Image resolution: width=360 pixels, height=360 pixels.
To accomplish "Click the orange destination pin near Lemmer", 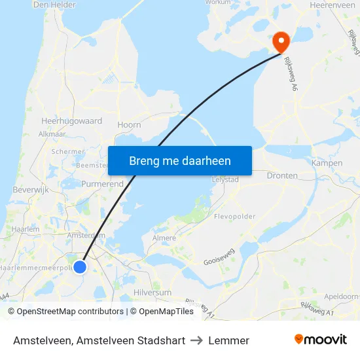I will coord(281,42).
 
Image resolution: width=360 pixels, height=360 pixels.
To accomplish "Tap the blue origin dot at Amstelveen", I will coord(80,266).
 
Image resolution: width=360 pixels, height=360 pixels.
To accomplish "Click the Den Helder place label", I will coord(54,5).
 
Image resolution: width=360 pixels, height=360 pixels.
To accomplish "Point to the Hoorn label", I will coord(129,124).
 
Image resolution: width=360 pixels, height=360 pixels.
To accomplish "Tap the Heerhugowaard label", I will coord(71,121).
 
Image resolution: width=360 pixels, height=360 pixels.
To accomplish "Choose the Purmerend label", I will coord(102,184).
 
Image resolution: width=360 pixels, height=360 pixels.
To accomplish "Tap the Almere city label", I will coord(164,238).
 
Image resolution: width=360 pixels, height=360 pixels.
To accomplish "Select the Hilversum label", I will coord(152,293).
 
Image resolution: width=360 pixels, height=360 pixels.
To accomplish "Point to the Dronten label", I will coord(282,175).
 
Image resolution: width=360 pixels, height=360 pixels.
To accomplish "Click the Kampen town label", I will coord(327,163).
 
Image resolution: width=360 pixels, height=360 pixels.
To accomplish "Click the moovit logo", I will coord(320,339).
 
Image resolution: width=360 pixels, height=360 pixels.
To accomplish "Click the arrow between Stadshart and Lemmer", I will coord(196,340).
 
